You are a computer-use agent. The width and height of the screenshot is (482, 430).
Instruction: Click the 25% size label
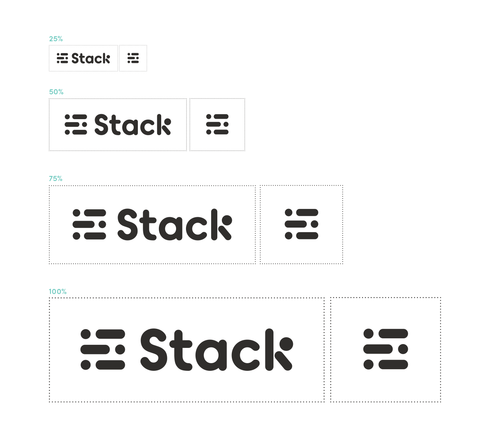(x=56, y=39)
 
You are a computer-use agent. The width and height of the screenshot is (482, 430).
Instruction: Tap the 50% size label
(x=56, y=92)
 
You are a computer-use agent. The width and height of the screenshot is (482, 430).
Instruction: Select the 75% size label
(x=56, y=179)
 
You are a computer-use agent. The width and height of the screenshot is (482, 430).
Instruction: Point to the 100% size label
(x=58, y=292)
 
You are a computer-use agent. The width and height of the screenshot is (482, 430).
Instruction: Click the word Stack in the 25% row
(x=91, y=58)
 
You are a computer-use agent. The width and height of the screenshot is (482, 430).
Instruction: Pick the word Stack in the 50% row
(x=132, y=124)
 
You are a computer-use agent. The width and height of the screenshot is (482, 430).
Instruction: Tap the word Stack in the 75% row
(x=174, y=225)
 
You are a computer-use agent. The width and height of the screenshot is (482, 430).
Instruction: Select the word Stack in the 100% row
(x=217, y=349)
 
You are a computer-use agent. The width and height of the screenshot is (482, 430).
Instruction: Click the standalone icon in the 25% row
(x=133, y=58)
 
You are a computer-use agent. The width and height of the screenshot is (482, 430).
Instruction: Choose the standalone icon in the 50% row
(x=217, y=124)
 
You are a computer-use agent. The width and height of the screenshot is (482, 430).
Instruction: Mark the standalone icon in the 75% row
(x=302, y=225)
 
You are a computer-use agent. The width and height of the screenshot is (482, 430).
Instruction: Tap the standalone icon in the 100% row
(x=386, y=349)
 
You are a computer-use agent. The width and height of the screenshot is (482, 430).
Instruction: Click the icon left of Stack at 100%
(x=103, y=349)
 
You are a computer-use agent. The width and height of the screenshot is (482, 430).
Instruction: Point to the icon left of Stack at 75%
(x=89, y=225)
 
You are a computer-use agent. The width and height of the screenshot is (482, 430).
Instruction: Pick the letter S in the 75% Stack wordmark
(x=127, y=225)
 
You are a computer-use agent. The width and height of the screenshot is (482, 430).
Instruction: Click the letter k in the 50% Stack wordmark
(x=164, y=124)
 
